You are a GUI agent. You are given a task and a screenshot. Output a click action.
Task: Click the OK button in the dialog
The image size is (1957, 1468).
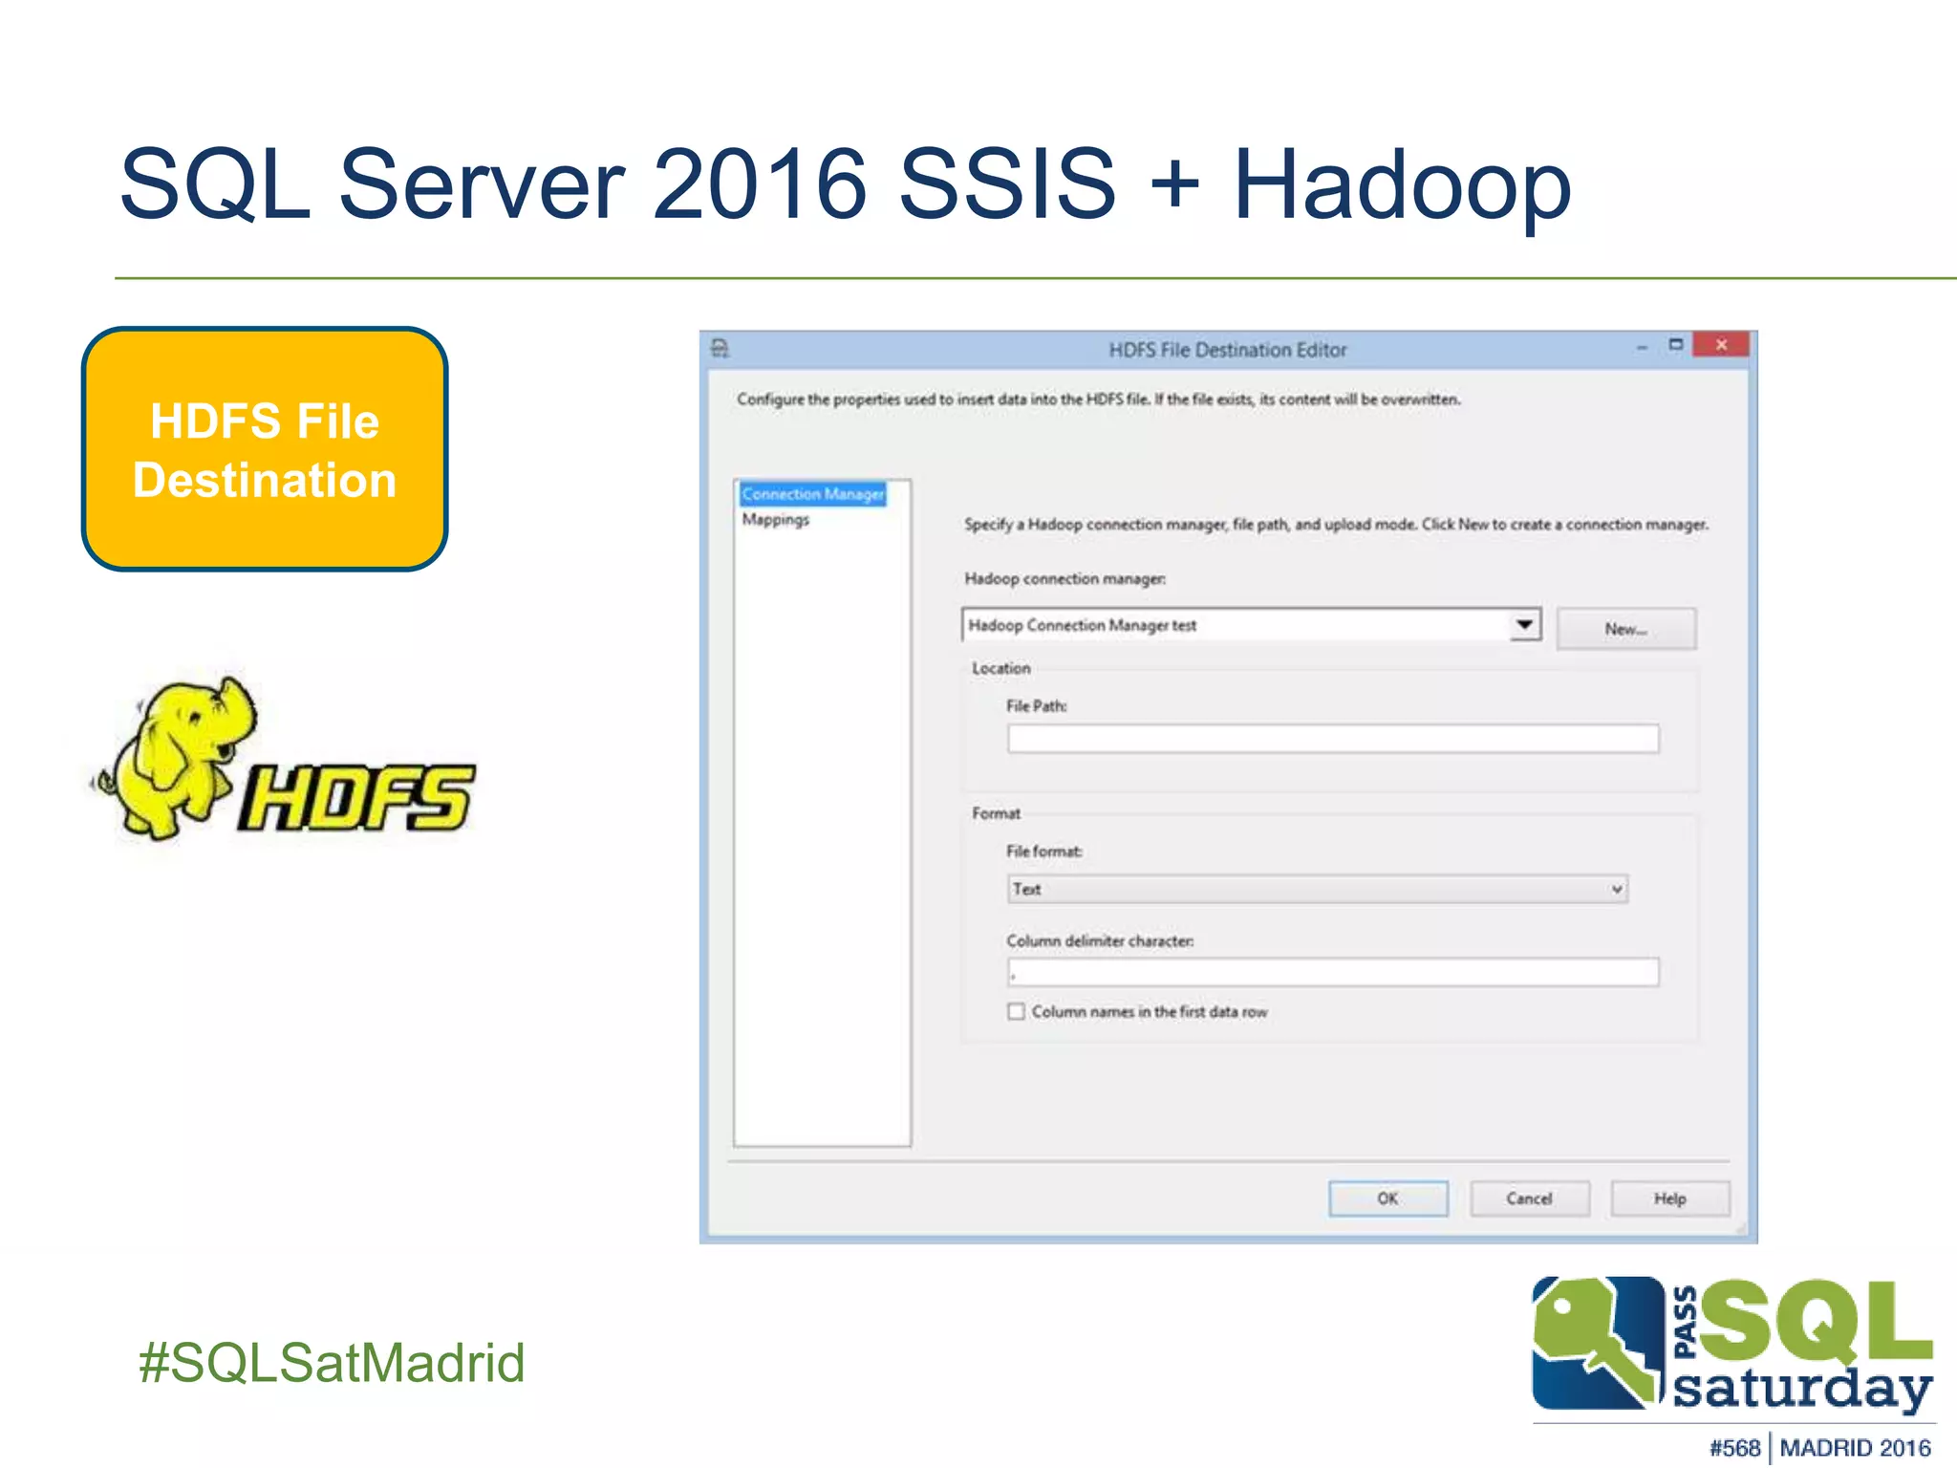pos(1387,1198)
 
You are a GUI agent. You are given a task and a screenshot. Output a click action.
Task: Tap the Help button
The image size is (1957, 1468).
pos(1669,1198)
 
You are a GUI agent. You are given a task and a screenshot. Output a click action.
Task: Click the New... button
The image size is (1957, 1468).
pos(1625,629)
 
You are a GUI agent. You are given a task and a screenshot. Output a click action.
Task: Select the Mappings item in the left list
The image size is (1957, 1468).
pos(776,520)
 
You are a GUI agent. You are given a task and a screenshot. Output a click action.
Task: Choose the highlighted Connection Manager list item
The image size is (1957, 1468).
pos(813,494)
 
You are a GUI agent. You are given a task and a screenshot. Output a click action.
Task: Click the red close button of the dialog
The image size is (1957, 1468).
pos(1720,345)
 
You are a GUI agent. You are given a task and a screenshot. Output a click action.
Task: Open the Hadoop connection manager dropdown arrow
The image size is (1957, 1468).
pos(1525,625)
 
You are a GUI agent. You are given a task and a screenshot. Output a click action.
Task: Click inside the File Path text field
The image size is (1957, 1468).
pos(1332,739)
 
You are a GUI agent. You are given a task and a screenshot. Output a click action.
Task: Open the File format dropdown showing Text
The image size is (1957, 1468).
pos(1318,889)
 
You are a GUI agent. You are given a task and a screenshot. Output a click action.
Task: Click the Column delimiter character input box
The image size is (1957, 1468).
pos(1332,973)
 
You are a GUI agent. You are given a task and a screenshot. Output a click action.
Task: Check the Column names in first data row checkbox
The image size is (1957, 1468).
pos(1016,1011)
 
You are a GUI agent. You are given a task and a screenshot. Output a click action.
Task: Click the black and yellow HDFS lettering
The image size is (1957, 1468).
pos(355,798)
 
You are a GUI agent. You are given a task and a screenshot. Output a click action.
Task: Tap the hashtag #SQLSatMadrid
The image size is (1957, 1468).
pos(332,1363)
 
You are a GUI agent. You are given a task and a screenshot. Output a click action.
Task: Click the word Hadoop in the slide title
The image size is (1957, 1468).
pos(1402,183)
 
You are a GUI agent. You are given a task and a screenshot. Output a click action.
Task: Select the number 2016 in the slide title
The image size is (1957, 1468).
pos(760,183)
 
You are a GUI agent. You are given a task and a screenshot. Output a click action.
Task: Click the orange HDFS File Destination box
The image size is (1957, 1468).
pos(265,449)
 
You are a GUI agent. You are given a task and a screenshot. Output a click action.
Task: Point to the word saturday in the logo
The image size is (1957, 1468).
pos(1803,1388)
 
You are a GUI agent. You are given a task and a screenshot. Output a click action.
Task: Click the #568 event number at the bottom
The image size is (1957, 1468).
pos(1734,1448)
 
